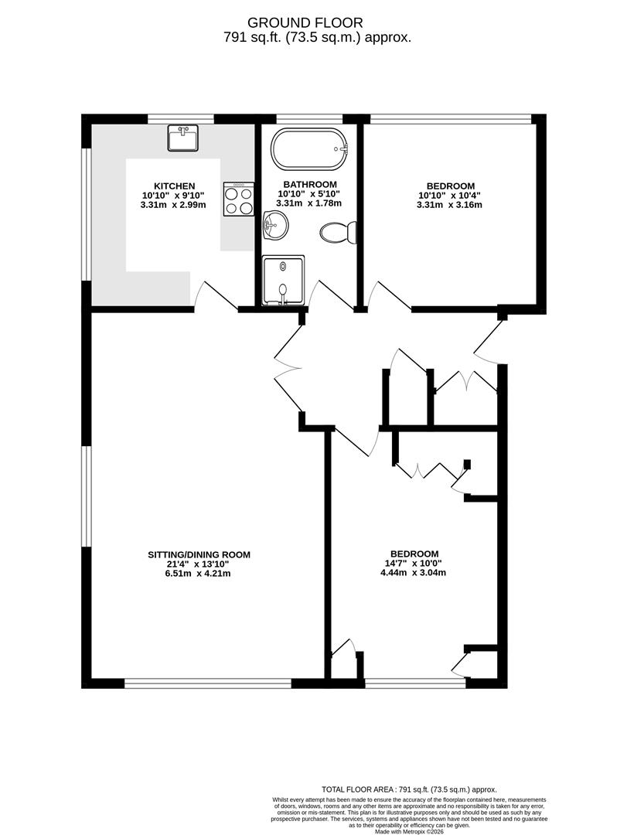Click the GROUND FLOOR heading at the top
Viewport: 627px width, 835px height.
[x=314, y=22]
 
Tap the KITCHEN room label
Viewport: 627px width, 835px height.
[x=174, y=186]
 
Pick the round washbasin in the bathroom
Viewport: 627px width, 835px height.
[x=274, y=227]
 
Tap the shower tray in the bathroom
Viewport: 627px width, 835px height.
[x=284, y=280]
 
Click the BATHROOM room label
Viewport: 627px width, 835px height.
[x=309, y=183]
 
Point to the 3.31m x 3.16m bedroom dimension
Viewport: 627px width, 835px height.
[x=449, y=205]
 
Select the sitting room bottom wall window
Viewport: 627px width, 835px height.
[x=208, y=683]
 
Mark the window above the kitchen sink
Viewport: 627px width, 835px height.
[x=181, y=118]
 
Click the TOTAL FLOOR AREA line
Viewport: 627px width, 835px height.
[x=409, y=789]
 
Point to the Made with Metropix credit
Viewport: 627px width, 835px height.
[x=409, y=831]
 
